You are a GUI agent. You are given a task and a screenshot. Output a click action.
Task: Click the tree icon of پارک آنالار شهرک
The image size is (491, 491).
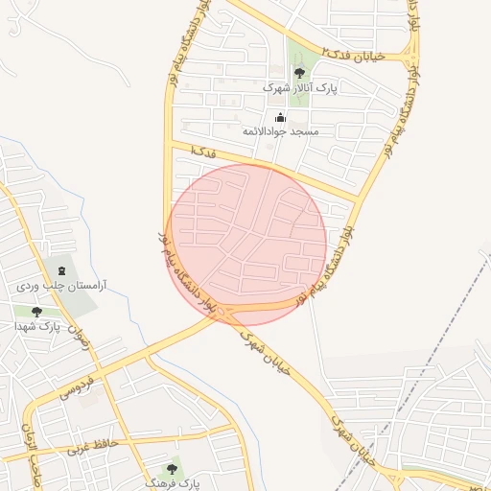300,72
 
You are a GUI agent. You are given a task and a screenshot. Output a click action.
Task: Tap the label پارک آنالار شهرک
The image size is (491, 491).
300,88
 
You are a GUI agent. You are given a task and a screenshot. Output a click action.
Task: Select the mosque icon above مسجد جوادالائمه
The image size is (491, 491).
280,117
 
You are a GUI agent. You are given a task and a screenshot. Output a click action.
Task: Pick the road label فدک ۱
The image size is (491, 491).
204,152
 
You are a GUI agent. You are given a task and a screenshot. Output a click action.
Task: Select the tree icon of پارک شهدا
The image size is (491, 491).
36,311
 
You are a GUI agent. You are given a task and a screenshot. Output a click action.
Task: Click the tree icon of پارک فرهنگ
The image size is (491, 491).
172,469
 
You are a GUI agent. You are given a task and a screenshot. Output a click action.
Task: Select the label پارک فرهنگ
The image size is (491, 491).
173,484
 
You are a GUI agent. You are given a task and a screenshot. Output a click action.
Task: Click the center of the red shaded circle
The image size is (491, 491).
247,244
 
